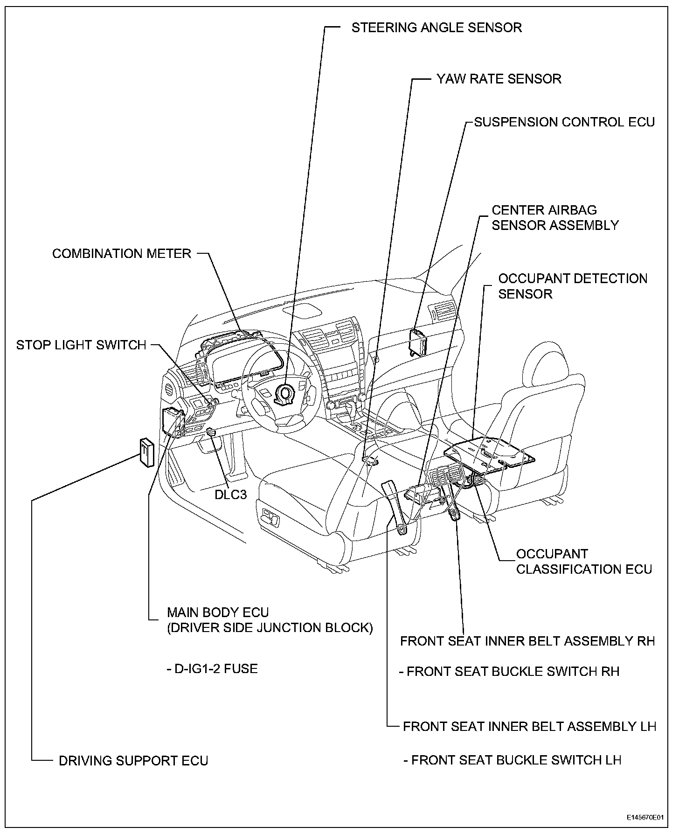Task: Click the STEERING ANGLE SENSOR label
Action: tap(436, 28)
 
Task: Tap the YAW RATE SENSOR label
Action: tap(499, 79)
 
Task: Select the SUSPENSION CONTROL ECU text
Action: tap(564, 122)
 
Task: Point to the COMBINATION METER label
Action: tap(122, 254)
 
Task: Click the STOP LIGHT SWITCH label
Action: tap(81, 345)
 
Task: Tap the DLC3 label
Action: tap(230, 494)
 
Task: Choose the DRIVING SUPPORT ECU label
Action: tap(133, 761)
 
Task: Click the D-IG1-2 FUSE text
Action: tap(212, 669)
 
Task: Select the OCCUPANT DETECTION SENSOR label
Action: tap(572, 286)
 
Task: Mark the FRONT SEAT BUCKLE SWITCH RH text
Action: tap(510, 672)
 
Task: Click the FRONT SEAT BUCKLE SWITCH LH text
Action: tap(512, 760)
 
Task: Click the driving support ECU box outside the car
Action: tap(146, 452)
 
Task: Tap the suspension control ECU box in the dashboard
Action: tap(418, 342)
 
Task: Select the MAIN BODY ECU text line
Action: tap(218, 612)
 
